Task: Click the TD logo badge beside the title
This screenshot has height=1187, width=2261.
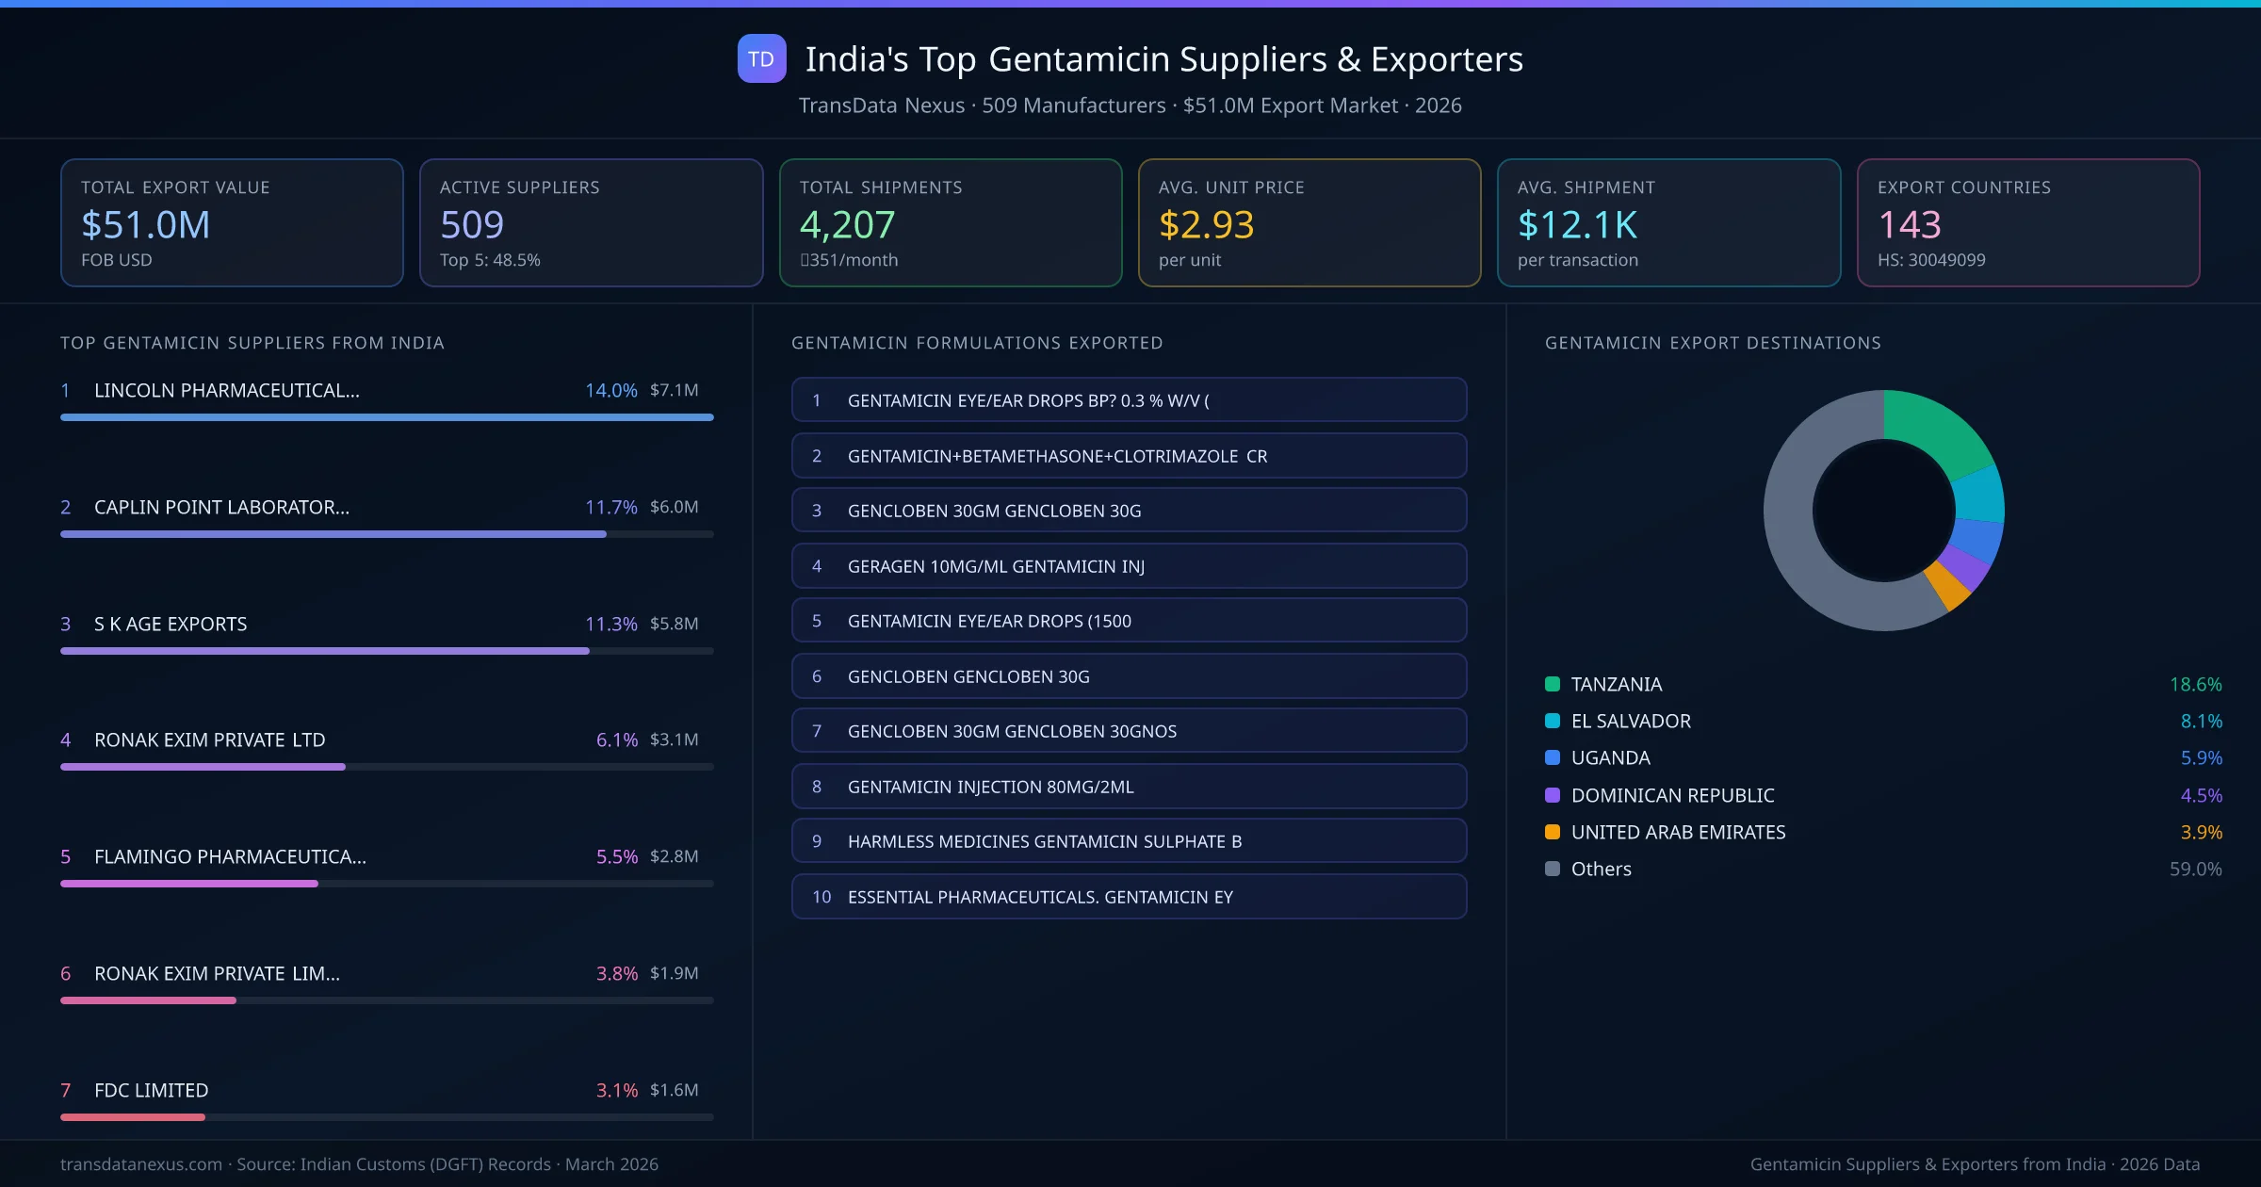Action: [x=761, y=59]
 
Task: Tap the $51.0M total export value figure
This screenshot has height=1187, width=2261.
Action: [x=146, y=225]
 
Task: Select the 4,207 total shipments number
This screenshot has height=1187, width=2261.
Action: [x=847, y=225]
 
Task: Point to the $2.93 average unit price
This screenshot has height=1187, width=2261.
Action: [x=1206, y=225]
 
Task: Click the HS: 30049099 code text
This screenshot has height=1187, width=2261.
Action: [x=1930, y=260]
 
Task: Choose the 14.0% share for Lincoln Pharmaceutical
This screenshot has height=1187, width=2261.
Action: [x=610, y=390]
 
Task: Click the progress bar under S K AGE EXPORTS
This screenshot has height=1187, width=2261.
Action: [x=325, y=651]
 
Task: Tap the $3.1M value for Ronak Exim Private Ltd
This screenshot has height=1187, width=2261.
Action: [x=674, y=740]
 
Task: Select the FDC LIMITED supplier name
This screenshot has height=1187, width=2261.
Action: [x=151, y=1090]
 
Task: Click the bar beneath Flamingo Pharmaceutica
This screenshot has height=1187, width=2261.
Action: [x=189, y=884]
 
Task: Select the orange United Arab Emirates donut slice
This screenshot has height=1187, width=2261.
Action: [x=1946, y=586]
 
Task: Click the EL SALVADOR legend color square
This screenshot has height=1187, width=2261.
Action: [x=1553, y=722]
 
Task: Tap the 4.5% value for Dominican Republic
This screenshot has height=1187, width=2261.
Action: [x=2201, y=796]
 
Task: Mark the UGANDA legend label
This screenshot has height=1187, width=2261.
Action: [x=1610, y=758]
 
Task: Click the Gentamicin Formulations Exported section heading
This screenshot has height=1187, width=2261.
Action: [x=977, y=343]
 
